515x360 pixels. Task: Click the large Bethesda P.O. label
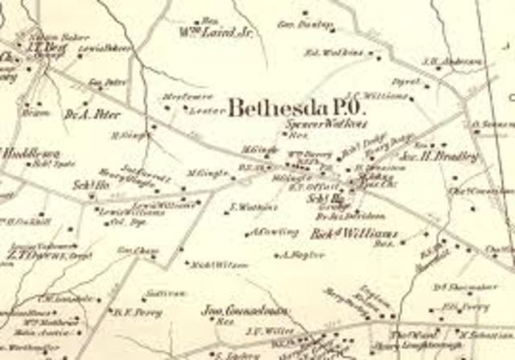point(297,108)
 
